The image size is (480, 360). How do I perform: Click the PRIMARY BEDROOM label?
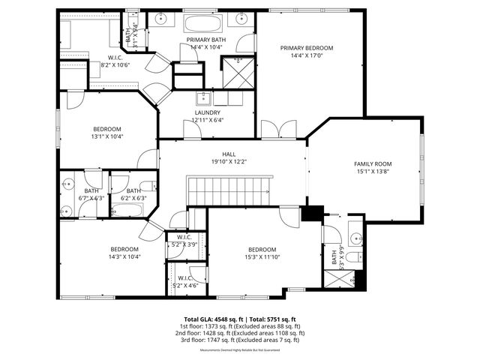[x=307, y=48]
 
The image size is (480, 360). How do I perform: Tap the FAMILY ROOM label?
[x=373, y=163]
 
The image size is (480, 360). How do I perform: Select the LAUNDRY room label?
[x=207, y=112]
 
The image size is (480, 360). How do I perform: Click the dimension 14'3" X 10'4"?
[x=125, y=256]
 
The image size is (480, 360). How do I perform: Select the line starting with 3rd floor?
[x=240, y=340]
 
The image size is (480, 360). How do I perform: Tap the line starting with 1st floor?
[x=240, y=326]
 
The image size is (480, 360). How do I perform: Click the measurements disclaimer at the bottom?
[x=240, y=350]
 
